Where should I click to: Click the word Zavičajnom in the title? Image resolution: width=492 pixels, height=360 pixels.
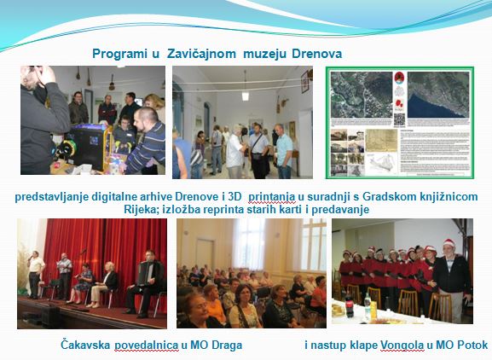(x=201, y=54)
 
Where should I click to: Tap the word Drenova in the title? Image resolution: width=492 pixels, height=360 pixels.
(x=316, y=54)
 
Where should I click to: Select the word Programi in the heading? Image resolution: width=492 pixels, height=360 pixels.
(x=119, y=54)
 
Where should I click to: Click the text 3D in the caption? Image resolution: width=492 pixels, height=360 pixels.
(x=234, y=197)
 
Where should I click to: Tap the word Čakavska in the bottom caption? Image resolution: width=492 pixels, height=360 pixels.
(x=85, y=345)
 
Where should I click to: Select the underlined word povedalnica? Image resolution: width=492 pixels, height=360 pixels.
(x=147, y=345)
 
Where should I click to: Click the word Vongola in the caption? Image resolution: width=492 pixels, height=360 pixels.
(x=402, y=345)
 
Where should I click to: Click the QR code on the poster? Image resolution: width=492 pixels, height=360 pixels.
(x=399, y=119)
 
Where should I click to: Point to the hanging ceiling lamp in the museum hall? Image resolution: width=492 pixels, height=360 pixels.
(x=246, y=94)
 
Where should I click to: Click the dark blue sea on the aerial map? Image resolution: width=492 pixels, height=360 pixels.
(x=430, y=107)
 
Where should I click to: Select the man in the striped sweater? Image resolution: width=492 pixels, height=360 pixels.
(x=147, y=142)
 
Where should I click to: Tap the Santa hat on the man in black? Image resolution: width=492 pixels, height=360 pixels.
(x=449, y=242)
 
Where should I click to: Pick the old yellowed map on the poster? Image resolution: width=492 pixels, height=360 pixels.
(x=382, y=140)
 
